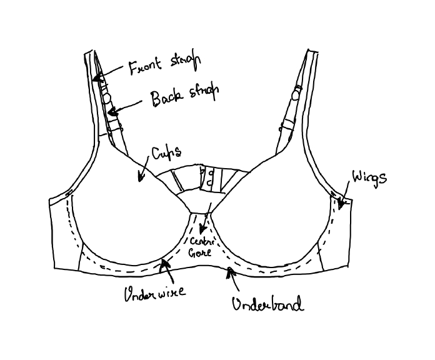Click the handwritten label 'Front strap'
click(163, 64)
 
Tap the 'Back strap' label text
click(184, 96)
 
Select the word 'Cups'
click(166, 153)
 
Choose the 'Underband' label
click(267, 304)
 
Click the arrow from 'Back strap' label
click(125, 107)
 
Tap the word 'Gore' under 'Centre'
click(201, 253)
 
